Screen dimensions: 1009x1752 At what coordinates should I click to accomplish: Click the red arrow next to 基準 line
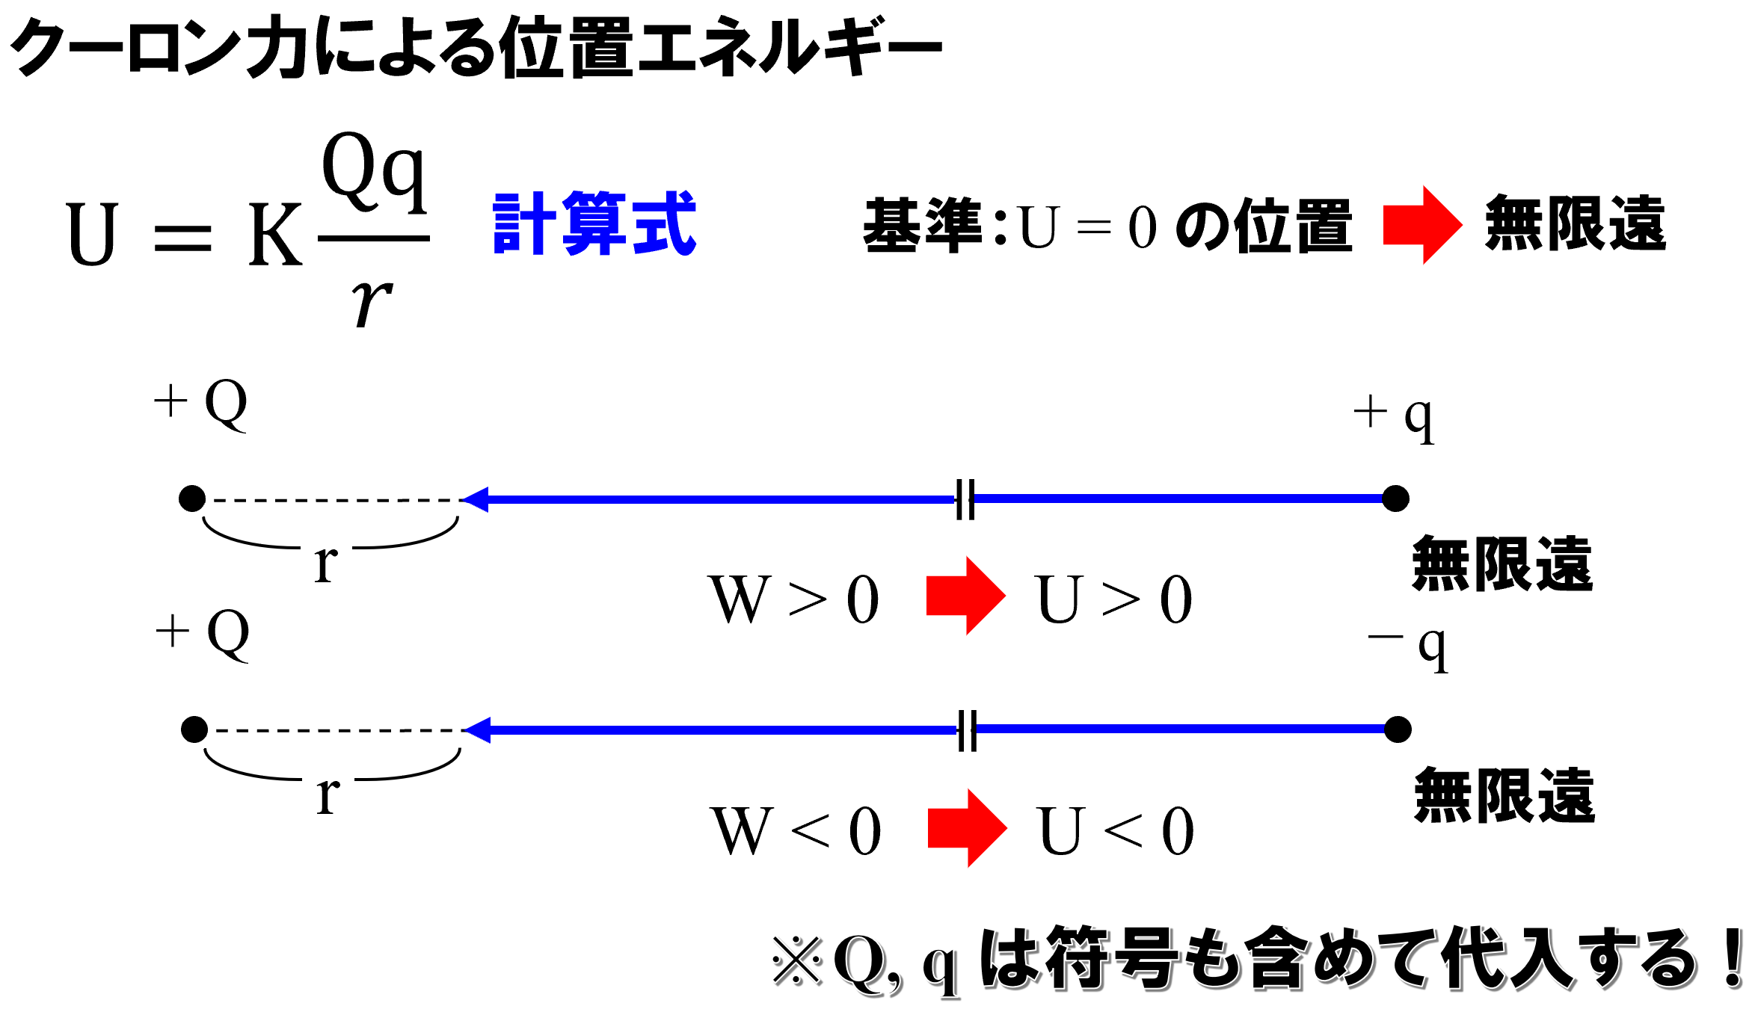pyautogui.click(x=1421, y=225)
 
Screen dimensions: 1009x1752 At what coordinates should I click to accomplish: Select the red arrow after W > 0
pyautogui.click(x=965, y=596)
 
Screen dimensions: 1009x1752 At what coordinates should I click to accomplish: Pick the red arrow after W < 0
pyautogui.click(x=966, y=828)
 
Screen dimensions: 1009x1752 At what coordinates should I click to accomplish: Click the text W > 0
pyautogui.click(x=794, y=599)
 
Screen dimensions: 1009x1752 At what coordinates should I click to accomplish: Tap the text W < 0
pyautogui.click(x=796, y=831)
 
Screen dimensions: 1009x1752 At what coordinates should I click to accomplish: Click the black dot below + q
pyautogui.click(x=1395, y=499)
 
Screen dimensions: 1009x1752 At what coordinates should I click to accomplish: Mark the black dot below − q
pyautogui.click(x=1398, y=729)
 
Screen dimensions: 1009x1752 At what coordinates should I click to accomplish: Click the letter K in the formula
pyautogui.click(x=275, y=235)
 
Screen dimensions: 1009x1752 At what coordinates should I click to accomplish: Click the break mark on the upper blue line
pyautogui.click(x=965, y=499)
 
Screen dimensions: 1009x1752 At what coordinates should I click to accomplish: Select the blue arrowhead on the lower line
pyautogui.click(x=477, y=729)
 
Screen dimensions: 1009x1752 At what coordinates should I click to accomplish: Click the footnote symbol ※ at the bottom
pyautogui.click(x=797, y=961)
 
